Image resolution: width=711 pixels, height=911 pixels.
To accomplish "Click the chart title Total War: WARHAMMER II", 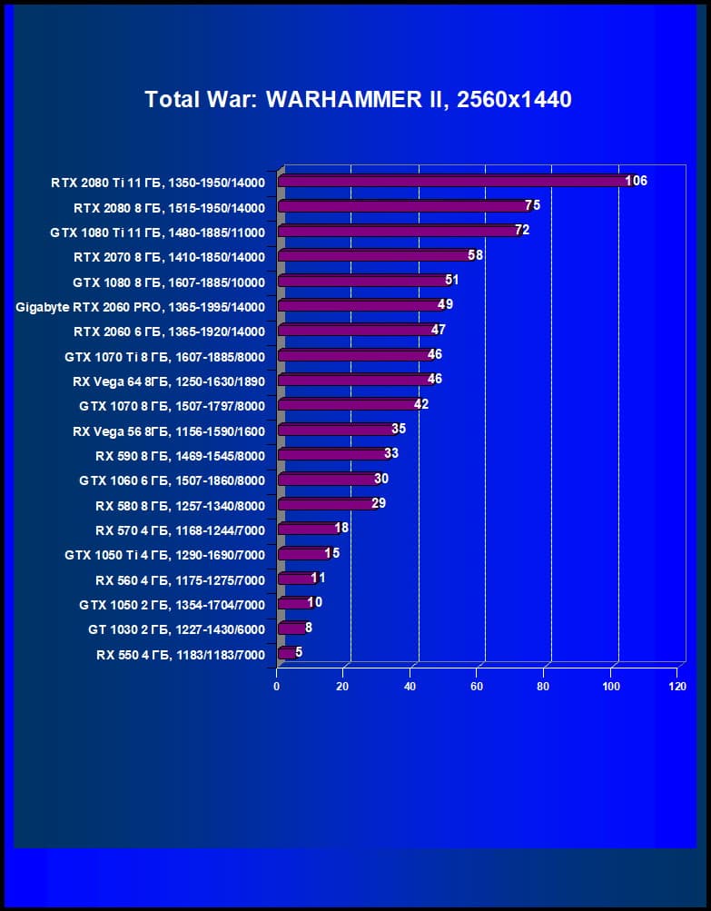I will pyautogui.click(x=358, y=100).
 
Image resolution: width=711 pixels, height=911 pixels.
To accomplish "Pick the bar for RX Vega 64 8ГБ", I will pyautogui.click(x=353, y=379).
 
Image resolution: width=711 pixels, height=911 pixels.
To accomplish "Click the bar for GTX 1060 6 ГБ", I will pyautogui.click(x=327, y=479).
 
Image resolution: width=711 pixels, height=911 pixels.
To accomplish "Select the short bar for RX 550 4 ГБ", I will pyautogui.click(x=285, y=652).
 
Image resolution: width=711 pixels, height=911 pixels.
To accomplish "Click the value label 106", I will pyautogui.click(x=636, y=181).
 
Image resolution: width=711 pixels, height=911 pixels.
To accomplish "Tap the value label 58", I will pyautogui.click(x=475, y=255).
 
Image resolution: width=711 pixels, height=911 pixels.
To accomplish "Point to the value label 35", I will pyautogui.click(x=399, y=429).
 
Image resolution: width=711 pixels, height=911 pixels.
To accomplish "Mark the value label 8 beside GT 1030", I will pyautogui.click(x=309, y=627).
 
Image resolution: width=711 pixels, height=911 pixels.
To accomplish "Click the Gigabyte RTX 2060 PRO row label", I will pyautogui.click(x=140, y=306).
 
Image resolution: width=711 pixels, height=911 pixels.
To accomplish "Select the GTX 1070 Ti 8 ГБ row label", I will pyautogui.click(x=164, y=356).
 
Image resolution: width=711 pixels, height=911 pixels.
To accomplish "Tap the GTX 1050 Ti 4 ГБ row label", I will pyautogui.click(x=164, y=555).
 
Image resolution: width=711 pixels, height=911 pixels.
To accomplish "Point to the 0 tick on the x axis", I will pyautogui.click(x=277, y=686).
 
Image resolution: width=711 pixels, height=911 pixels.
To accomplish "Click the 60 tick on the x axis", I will pyautogui.click(x=477, y=686).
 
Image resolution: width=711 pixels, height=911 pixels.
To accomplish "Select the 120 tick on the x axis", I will pyautogui.click(x=676, y=686).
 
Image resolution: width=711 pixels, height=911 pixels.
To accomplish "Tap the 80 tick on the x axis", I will pyautogui.click(x=543, y=686).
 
